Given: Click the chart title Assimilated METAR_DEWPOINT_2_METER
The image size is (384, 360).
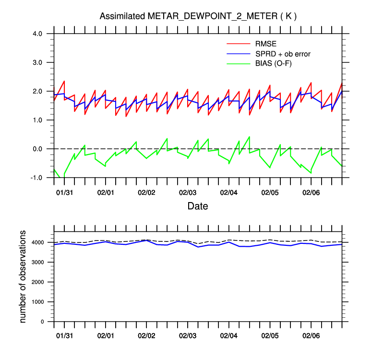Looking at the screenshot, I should coord(198,16).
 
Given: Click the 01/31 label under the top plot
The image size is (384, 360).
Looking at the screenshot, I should coord(64,192).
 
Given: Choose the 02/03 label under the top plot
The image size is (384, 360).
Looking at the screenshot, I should coord(188,192).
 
